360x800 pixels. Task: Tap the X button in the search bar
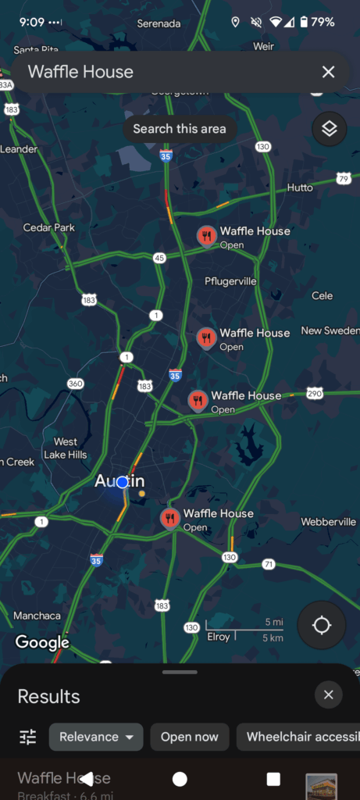(328, 72)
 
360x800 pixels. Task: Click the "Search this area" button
(180, 129)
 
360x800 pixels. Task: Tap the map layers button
(330, 129)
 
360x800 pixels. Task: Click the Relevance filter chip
(96, 737)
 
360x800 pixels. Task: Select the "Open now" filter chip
(190, 737)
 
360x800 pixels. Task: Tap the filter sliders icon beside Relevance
(28, 737)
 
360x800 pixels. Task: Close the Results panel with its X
(328, 695)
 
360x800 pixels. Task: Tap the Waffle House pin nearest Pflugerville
(206, 236)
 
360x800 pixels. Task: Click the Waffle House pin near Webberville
(170, 517)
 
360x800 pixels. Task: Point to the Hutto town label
(300, 187)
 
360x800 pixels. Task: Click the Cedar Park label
(48, 227)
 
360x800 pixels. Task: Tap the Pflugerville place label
(230, 281)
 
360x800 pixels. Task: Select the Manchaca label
(37, 616)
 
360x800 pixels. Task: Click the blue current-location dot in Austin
(122, 482)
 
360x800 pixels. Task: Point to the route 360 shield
(76, 384)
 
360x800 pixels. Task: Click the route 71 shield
(269, 564)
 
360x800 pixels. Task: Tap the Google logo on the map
(42, 643)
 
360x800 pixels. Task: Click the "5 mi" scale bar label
(273, 622)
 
